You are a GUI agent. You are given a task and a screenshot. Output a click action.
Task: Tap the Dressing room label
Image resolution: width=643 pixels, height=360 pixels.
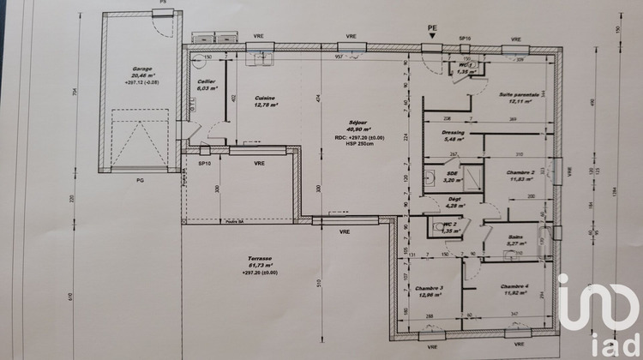pos(454,135)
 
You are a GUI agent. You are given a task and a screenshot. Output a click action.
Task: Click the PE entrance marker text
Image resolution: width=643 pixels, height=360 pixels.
pos(432,28)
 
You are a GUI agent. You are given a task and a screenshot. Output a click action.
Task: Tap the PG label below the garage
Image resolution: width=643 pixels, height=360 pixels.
pos(139,180)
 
